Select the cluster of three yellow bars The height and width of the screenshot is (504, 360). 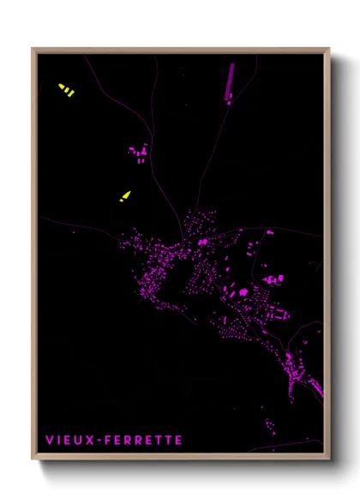tap(66, 89)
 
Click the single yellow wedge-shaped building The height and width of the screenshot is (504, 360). tap(125, 196)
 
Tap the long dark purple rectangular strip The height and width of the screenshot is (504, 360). tap(230, 81)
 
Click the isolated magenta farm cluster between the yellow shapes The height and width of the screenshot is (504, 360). tap(139, 154)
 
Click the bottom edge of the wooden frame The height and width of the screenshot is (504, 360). tap(180, 457)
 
